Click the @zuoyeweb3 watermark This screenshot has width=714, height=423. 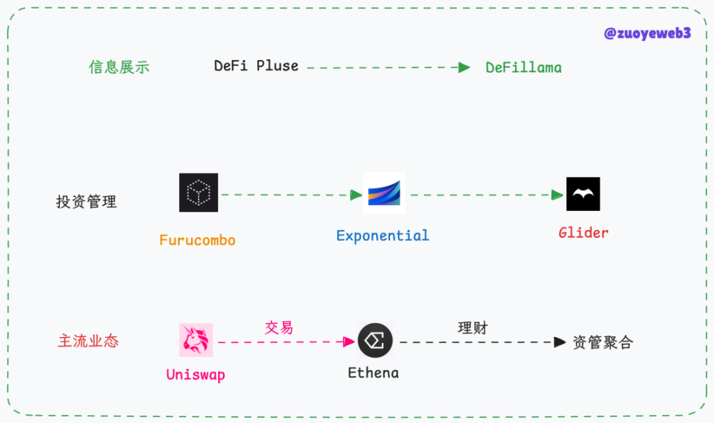click(646, 34)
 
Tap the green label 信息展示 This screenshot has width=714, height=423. click(119, 67)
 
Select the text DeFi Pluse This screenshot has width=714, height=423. click(256, 66)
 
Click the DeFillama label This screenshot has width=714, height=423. click(523, 68)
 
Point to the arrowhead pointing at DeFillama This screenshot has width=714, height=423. click(464, 68)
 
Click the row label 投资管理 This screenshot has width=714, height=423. click(86, 201)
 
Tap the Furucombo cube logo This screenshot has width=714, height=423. click(198, 193)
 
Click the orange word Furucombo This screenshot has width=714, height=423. click(197, 240)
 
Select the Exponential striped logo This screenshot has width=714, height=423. click(383, 193)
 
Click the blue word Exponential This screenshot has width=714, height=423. click(382, 236)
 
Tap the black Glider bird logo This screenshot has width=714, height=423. click(583, 194)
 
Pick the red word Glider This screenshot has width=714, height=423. click(583, 233)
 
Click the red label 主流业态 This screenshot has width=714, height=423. click(88, 341)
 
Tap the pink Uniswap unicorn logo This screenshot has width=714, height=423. click(196, 340)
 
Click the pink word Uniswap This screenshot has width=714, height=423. click(195, 375)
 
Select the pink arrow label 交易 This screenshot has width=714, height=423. click(278, 328)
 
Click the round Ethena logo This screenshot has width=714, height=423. click(375, 341)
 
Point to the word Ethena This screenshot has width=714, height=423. click(373, 373)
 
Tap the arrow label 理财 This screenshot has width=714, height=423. click(472, 328)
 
